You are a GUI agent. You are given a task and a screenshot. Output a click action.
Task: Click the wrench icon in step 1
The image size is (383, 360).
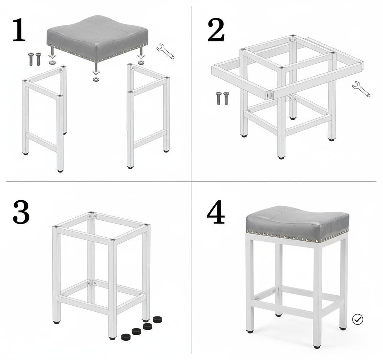pyautogui.click(x=165, y=51)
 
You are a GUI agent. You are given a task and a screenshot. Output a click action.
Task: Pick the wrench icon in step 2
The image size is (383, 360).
pyautogui.click(x=361, y=89)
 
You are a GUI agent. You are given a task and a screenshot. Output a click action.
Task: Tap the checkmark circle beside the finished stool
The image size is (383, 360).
pyautogui.click(x=358, y=319)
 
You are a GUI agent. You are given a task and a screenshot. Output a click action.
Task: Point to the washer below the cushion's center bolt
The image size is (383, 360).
pyautogui.click(x=96, y=79)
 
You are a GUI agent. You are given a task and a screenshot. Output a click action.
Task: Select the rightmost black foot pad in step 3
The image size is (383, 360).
pyautogui.click(x=157, y=319)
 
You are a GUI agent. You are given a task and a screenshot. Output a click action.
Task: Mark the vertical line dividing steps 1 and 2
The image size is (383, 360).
pyautogui.click(x=191, y=91)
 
